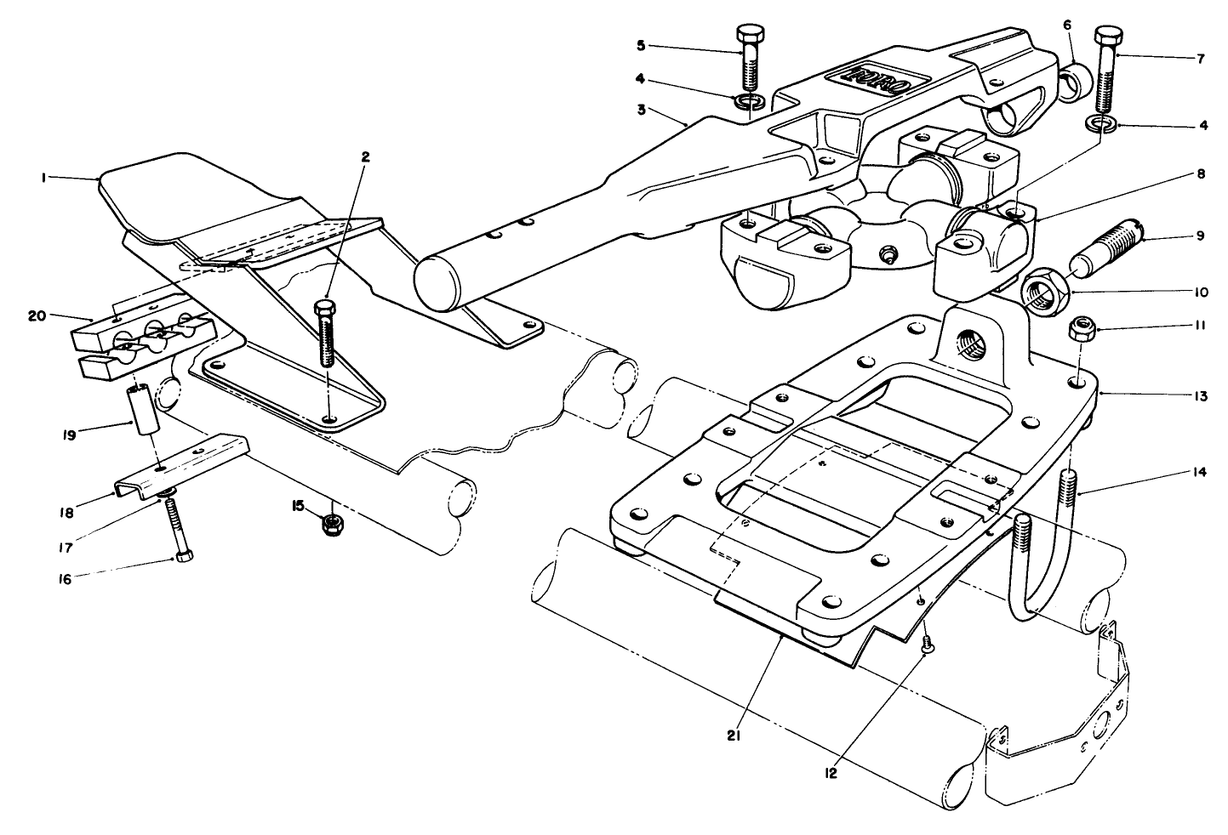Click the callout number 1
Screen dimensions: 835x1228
click(40, 177)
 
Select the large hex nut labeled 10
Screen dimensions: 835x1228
click(1044, 293)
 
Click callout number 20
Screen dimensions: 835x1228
click(36, 315)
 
